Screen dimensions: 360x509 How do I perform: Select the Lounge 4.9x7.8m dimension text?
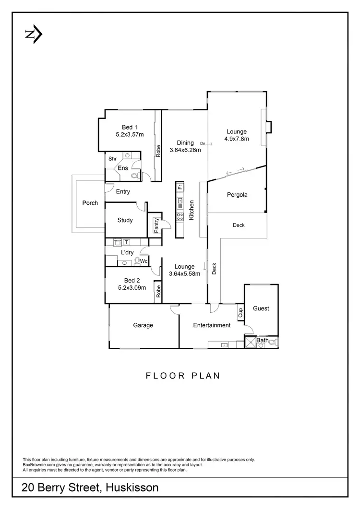(237, 139)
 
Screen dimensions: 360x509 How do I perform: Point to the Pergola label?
(237, 195)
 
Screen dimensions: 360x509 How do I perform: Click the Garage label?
(143, 325)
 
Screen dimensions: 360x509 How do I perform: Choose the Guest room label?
(261, 308)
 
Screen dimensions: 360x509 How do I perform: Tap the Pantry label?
(156, 225)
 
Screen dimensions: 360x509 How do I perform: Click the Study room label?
(125, 220)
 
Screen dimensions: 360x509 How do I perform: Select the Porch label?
(90, 203)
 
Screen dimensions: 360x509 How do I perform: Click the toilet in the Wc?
(138, 261)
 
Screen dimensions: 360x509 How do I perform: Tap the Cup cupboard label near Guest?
(240, 313)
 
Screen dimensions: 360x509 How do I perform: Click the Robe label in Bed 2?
(158, 292)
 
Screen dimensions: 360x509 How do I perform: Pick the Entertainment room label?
(212, 325)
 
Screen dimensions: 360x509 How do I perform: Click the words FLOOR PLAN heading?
(183, 376)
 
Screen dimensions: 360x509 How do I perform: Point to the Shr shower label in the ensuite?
(113, 159)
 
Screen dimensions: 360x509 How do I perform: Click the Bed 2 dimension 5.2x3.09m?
(132, 288)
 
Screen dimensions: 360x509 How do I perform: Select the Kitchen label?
(191, 210)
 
